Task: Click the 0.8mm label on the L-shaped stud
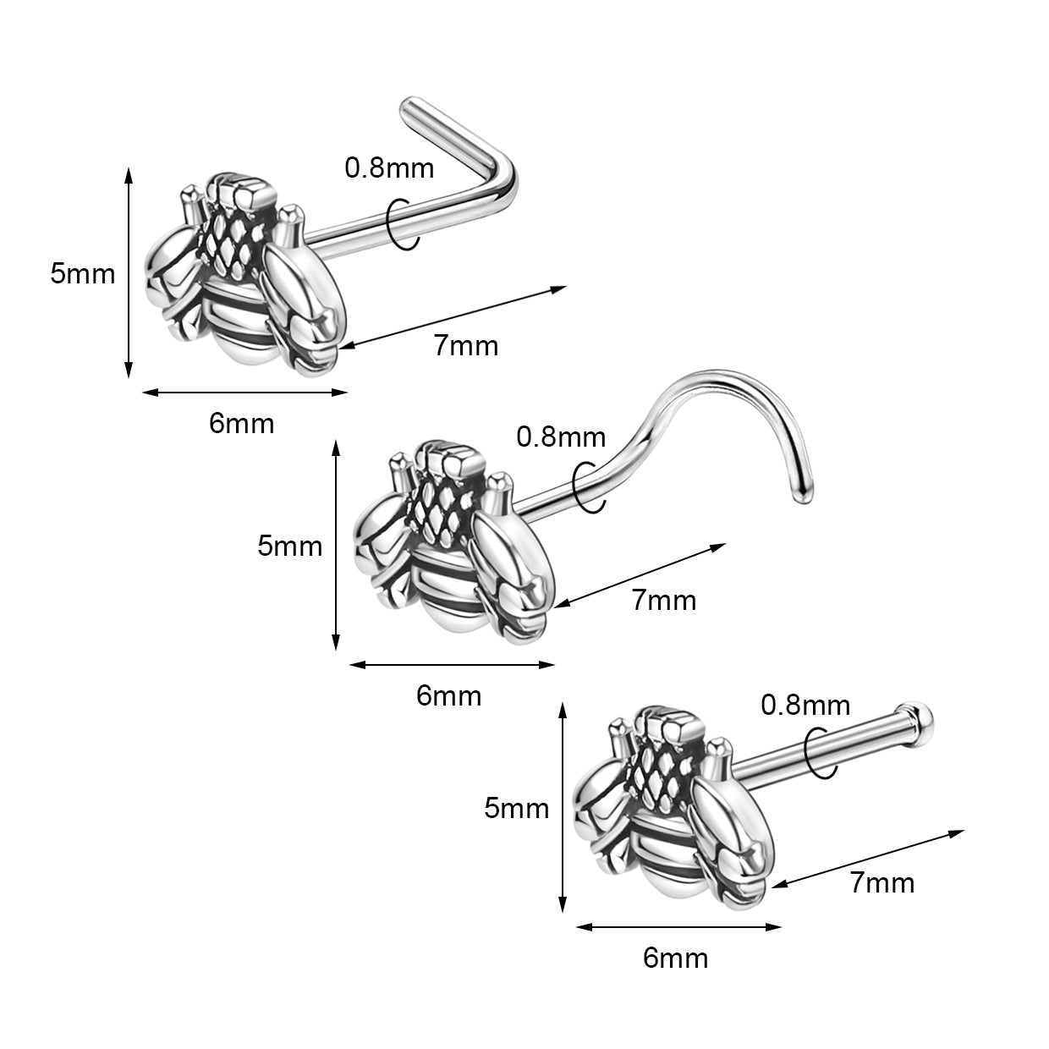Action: [389, 168]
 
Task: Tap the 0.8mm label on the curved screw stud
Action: [561, 437]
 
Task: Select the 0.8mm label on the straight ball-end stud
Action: [805, 705]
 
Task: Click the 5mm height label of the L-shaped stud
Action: [82, 274]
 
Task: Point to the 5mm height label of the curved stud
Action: [290, 546]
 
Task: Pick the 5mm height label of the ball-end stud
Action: [516, 809]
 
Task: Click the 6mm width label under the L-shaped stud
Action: [242, 423]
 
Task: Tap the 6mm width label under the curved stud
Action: [448, 695]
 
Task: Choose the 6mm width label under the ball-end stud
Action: [675, 958]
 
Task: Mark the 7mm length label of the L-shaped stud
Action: [466, 345]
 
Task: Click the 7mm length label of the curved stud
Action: [664, 601]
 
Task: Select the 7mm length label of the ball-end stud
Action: [882, 883]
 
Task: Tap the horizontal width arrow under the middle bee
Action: [452, 664]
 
